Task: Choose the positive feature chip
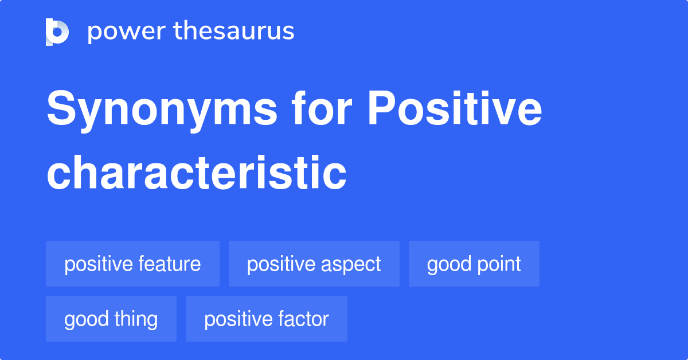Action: [x=132, y=264]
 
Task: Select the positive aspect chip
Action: [x=314, y=264]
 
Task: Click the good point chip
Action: [x=474, y=264]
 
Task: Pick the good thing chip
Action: [x=111, y=319]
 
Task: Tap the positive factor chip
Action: [x=266, y=319]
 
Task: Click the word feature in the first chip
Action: [x=170, y=264]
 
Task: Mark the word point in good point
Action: [x=499, y=264]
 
